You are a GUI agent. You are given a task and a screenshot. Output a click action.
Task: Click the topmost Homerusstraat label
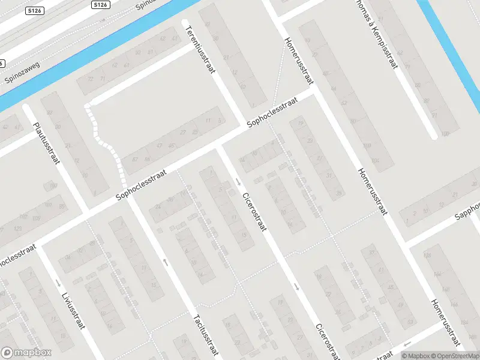pos(299,60)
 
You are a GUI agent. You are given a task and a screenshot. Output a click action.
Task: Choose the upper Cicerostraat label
pos(254,213)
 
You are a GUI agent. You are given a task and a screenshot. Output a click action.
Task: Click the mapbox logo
pos(26,353)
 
